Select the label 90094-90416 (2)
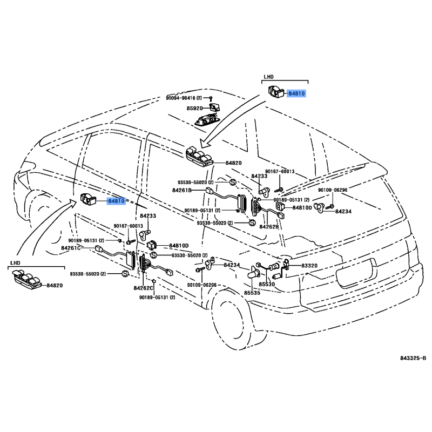[x=184, y=98]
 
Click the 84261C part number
[x=70, y=248]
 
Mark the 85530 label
[x=266, y=283]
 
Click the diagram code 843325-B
[x=413, y=358]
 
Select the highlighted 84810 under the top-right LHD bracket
[x=296, y=93]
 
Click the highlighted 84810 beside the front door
[x=116, y=201]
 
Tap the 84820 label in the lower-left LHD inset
[x=55, y=285]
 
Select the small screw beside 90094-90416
[x=212, y=98]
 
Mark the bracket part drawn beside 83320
[x=287, y=264]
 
